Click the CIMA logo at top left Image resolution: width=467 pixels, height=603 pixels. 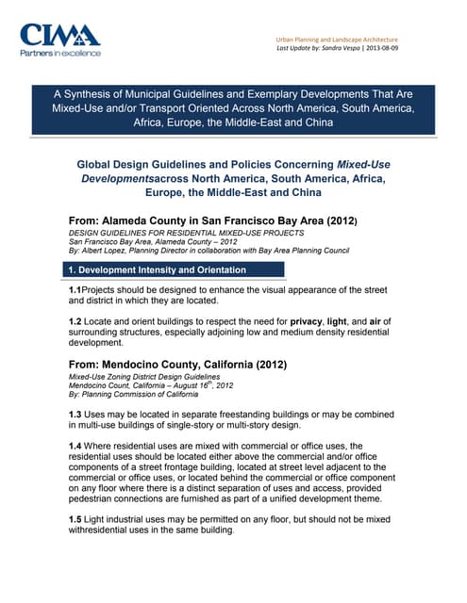tap(60, 36)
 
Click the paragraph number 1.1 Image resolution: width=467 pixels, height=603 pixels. tap(68, 290)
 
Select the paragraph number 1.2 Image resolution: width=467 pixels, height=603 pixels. tap(68, 322)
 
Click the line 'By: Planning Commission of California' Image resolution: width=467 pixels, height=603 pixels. tap(125, 395)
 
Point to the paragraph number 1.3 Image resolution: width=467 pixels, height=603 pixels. tap(68, 415)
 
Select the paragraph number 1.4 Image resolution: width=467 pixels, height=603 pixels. tap(68, 446)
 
